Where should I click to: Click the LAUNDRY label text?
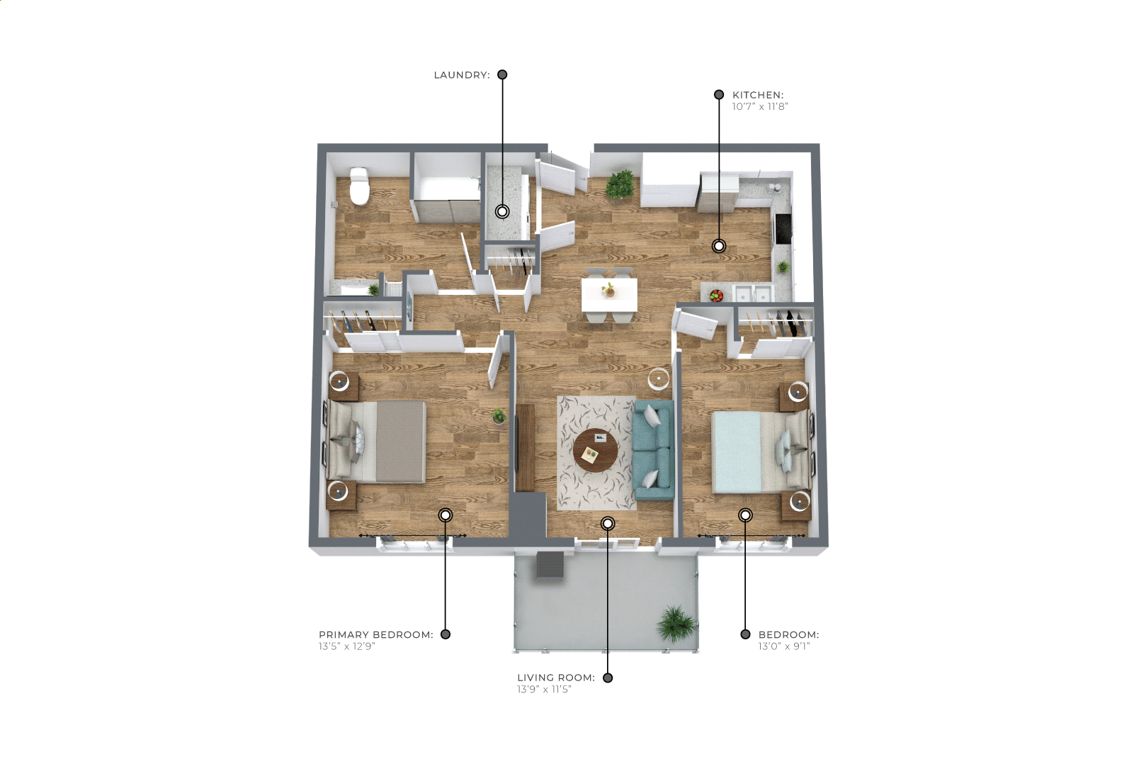pyautogui.click(x=462, y=75)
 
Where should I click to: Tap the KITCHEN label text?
pyautogui.click(x=758, y=95)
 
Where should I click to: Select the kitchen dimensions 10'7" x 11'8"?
pyautogui.click(x=760, y=106)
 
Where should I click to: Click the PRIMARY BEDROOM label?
pyautogui.click(x=375, y=634)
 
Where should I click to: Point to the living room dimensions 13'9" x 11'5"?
pyautogui.click(x=544, y=689)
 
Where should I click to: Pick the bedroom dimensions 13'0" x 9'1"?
pyautogui.click(x=783, y=646)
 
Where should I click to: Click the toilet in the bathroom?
pyautogui.click(x=359, y=186)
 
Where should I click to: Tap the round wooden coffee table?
pyautogui.click(x=596, y=450)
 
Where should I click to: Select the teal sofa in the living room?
pyautogui.click(x=654, y=450)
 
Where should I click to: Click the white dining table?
pyautogui.click(x=609, y=295)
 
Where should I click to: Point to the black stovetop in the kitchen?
pyautogui.click(x=783, y=228)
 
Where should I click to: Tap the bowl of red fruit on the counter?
pyautogui.click(x=716, y=296)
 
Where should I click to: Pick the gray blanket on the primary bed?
pyautogui.click(x=401, y=442)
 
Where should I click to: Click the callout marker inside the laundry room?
pyautogui.click(x=502, y=211)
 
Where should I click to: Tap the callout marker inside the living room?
pyautogui.click(x=608, y=523)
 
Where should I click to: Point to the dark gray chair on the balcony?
pyautogui.click(x=550, y=564)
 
